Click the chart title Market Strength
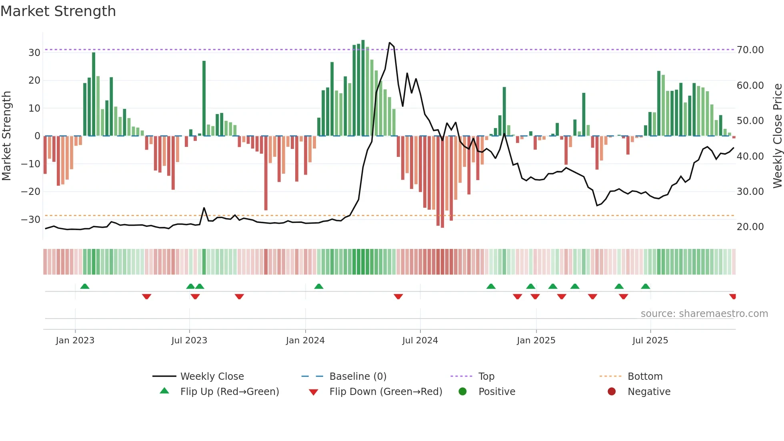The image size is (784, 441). coord(58,11)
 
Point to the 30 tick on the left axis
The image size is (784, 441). coord(34,52)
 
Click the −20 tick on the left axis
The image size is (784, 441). coord(31,191)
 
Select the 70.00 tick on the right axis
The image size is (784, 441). coord(750,50)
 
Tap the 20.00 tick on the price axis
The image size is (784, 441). coord(750,227)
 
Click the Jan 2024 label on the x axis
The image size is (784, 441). coord(305,341)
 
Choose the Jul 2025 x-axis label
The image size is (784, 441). coord(650,341)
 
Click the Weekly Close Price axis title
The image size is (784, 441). coord(777,136)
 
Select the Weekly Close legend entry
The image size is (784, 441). coord(212,377)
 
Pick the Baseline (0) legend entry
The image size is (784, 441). coord(358,377)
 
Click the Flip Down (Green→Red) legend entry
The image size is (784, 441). coord(386,392)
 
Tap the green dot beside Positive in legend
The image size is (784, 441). coord(463,392)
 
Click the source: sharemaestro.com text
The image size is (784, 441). coord(704,314)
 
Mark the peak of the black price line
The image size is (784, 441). coord(390,43)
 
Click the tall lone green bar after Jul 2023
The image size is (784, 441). coord(204,98)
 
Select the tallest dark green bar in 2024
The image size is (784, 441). coord(363,88)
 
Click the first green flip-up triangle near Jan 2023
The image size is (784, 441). coord(85,286)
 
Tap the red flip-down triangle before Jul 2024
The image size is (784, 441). coord(398,297)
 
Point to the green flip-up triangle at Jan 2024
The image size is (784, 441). coord(319,286)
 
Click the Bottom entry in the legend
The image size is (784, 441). coord(645,377)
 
